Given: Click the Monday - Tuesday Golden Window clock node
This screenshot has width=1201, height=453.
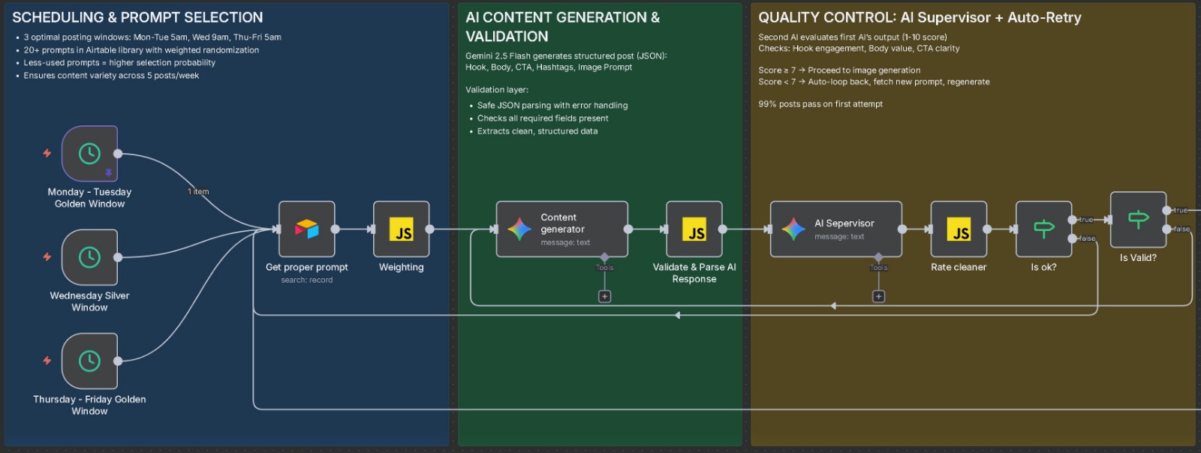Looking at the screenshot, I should (89, 154).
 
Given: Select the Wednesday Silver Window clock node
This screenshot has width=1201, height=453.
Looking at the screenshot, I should (89, 257).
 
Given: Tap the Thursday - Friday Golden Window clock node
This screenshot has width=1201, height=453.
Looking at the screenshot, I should (89, 361).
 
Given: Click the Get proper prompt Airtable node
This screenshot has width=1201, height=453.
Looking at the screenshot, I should (306, 229).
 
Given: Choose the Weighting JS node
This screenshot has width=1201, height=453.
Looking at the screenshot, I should (402, 229).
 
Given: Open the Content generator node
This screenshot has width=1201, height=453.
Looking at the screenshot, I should (561, 229).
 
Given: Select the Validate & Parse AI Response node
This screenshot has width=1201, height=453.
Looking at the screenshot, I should (694, 229).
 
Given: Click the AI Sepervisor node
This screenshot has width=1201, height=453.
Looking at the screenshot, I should (835, 229).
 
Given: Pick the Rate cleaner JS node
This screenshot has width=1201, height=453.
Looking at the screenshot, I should (959, 229).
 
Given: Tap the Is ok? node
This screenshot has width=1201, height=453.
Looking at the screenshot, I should (1043, 229).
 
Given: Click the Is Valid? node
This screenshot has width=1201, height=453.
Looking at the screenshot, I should (1138, 219).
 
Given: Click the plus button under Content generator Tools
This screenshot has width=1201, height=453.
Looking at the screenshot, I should (604, 296).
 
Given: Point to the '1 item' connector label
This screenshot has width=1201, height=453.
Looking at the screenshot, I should (198, 192).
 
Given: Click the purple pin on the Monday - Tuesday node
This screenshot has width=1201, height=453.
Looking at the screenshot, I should (108, 173).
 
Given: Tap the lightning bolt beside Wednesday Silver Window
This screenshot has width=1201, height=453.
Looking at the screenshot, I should (47, 256).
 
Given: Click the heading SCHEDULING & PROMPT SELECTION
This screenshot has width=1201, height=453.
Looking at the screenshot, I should (137, 17).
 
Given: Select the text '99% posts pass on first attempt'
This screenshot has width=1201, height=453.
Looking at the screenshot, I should (820, 104).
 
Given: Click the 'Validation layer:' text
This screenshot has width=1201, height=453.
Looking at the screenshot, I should (496, 90).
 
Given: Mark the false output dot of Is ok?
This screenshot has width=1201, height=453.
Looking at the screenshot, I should (1072, 238).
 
